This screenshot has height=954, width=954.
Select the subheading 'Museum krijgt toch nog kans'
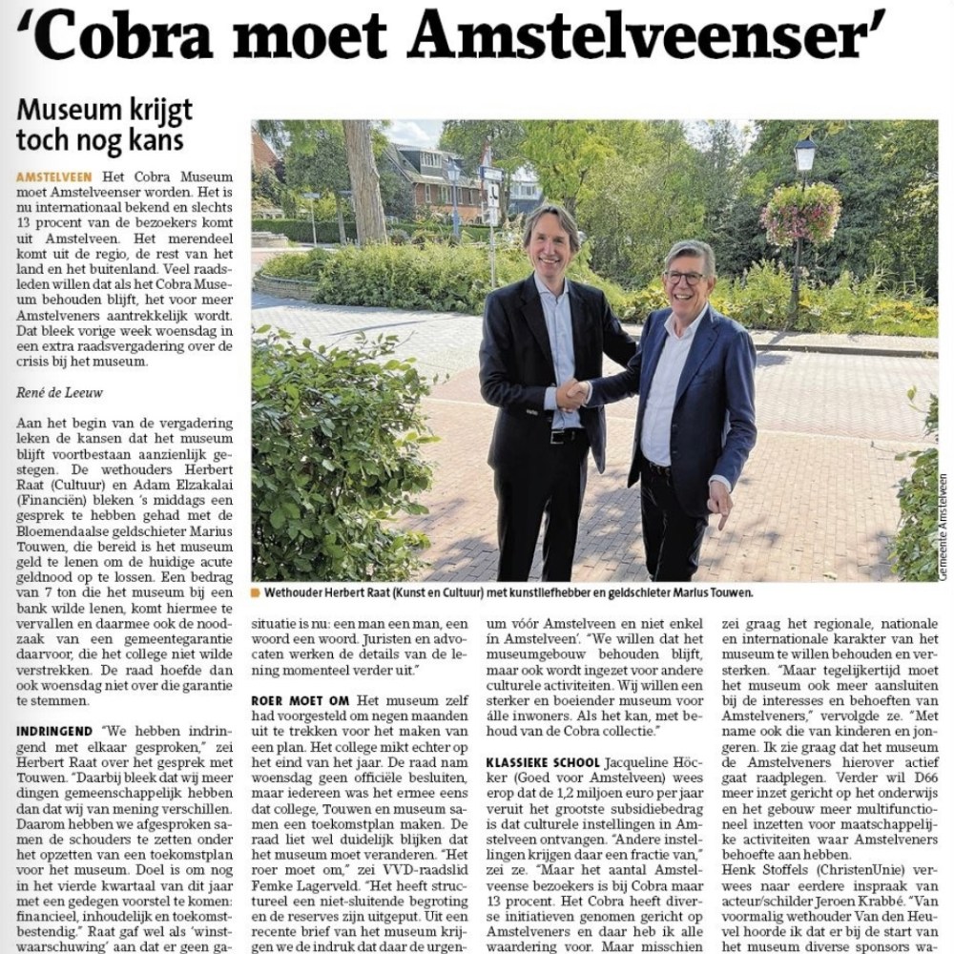tap(104, 125)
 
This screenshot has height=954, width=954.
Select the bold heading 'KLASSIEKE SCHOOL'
tap(543, 762)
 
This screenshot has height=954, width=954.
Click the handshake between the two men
tap(572, 392)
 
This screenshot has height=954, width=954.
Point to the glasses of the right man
tap(686, 278)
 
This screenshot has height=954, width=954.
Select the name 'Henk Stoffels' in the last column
tap(762, 869)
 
